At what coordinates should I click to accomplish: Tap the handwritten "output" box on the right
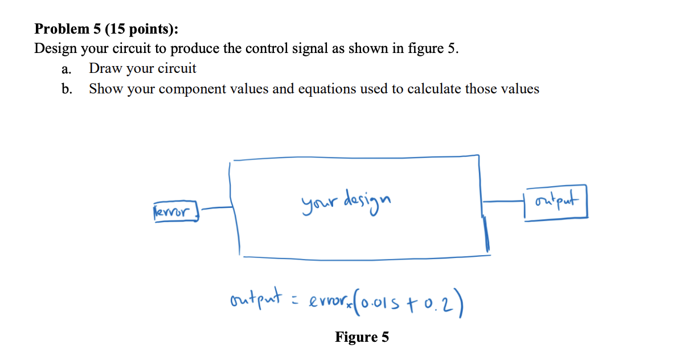556,203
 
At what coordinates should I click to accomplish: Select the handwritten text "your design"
347,200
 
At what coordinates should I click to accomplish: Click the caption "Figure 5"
362,337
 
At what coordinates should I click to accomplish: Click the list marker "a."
67,69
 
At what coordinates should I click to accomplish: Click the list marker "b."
67,89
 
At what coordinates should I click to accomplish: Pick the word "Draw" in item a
105,69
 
